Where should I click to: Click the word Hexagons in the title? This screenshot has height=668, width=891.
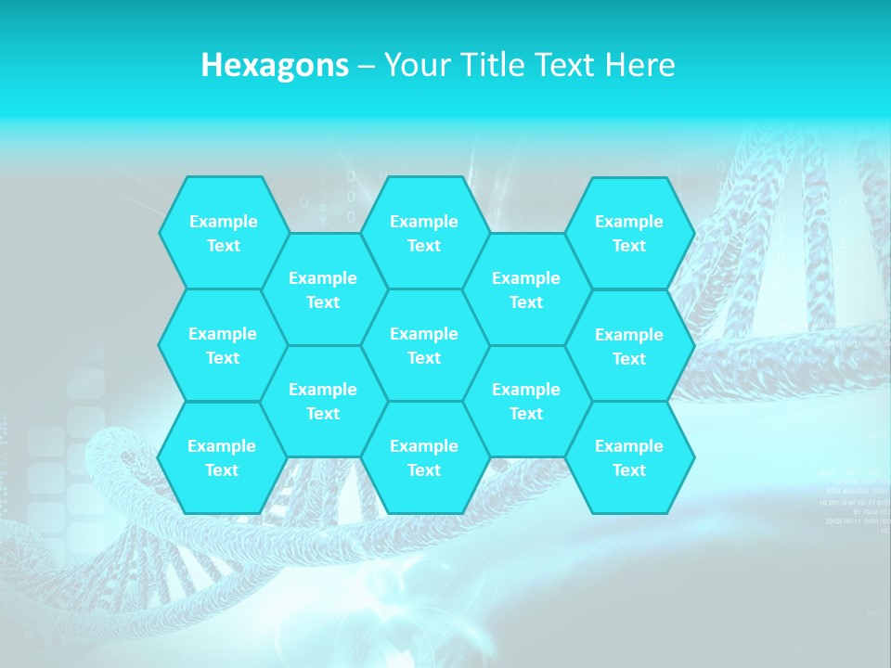click(x=275, y=65)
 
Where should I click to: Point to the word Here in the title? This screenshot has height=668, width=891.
click(x=640, y=65)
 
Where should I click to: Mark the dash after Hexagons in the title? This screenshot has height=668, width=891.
click(x=366, y=66)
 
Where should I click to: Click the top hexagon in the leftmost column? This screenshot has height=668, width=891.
click(x=223, y=233)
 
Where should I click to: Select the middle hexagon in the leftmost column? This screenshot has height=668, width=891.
click(x=223, y=345)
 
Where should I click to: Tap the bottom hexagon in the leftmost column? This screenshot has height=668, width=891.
click(x=222, y=457)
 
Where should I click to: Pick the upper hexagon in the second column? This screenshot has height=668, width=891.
click(x=323, y=289)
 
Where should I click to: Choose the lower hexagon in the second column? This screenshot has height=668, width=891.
click(x=323, y=401)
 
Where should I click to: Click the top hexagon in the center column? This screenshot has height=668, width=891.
click(x=424, y=233)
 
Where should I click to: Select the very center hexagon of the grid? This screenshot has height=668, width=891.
click(x=424, y=345)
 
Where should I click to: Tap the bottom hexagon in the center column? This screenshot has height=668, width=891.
click(x=424, y=457)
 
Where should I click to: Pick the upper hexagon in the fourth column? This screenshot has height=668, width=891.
click(x=526, y=289)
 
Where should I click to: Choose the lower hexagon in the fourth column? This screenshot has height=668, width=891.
click(x=526, y=401)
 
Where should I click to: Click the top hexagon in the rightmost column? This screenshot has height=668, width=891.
click(x=629, y=233)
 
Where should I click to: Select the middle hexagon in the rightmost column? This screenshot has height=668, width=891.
click(x=629, y=346)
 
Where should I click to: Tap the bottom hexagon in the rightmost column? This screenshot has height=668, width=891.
click(x=629, y=457)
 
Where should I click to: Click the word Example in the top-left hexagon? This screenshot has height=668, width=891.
click(x=223, y=222)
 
